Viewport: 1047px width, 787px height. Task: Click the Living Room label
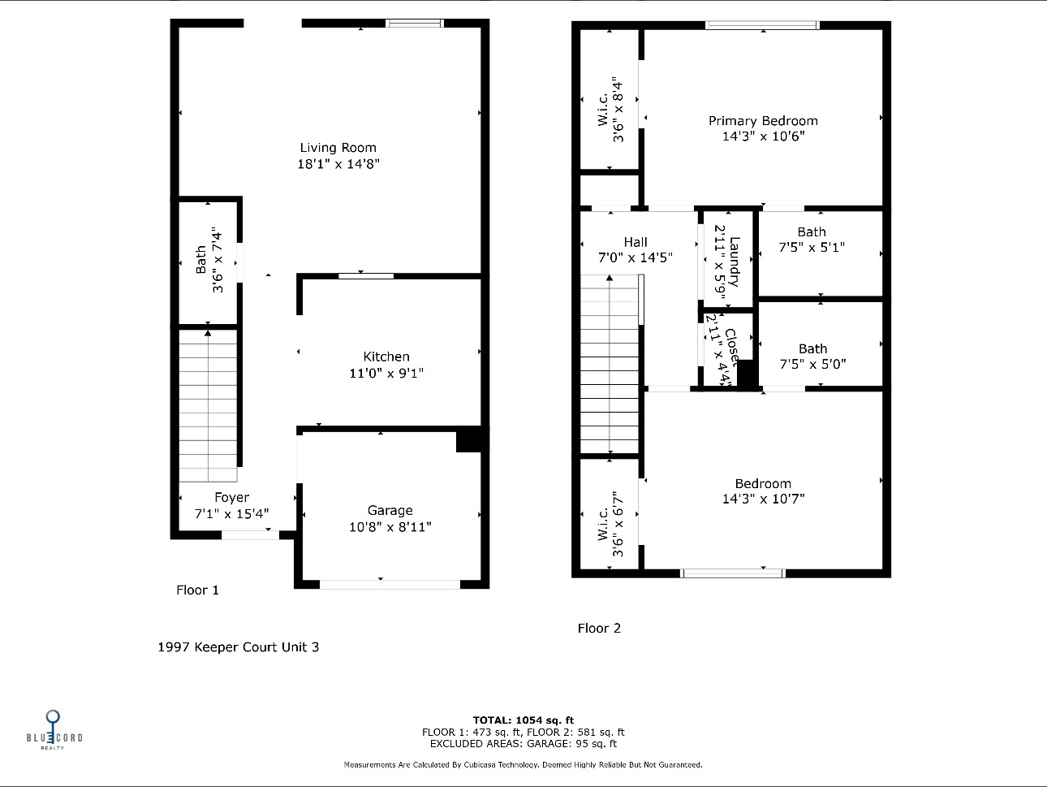click(338, 148)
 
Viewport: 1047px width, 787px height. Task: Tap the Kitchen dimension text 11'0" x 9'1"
click(386, 373)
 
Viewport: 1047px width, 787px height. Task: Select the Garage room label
click(390, 510)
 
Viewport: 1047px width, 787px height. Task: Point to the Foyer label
click(232, 497)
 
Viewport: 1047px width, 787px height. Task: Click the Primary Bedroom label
click(763, 121)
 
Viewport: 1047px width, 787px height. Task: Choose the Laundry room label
click(734, 262)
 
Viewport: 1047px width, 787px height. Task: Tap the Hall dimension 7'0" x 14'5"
click(636, 257)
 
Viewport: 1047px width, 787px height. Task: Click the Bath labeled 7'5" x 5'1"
click(812, 240)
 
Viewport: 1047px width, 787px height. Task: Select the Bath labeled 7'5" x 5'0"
click(812, 357)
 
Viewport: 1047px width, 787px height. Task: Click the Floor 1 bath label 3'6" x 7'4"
click(209, 260)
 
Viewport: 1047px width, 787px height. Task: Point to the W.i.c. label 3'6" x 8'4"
click(610, 110)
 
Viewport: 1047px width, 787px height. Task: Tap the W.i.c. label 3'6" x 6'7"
click(610, 524)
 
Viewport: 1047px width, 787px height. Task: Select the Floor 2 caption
click(599, 628)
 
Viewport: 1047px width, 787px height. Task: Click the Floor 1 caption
click(197, 590)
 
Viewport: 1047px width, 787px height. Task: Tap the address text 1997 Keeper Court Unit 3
click(238, 646)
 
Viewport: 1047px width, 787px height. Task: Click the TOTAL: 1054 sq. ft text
click(523, 720)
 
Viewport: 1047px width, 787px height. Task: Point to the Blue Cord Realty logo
click(54, 729)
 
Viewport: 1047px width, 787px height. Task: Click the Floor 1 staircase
click(208, 405)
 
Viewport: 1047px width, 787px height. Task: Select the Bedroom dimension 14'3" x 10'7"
click(763, 499)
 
